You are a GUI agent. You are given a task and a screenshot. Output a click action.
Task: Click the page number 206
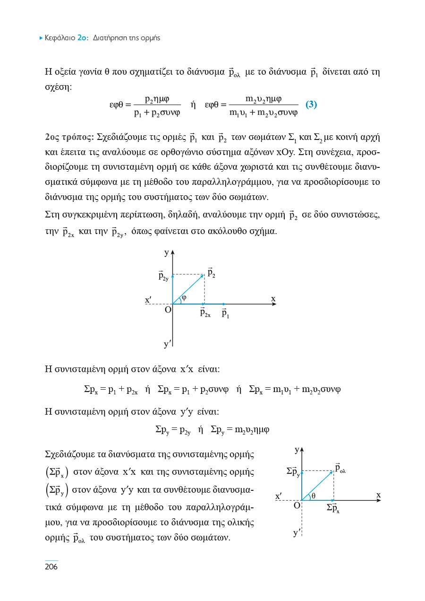[51, 567]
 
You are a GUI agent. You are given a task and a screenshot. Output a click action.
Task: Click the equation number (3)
[311, 105]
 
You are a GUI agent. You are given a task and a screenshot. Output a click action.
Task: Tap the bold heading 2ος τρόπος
[68, 138]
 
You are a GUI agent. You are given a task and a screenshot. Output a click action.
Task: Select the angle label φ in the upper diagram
[184, 297]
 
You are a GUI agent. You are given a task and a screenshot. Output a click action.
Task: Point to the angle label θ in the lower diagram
[314, 495]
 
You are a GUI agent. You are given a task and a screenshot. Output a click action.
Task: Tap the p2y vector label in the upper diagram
[163, 276]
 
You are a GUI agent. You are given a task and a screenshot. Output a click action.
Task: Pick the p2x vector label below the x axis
[205, 313]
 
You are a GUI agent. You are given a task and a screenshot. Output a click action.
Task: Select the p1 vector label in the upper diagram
[225, 313]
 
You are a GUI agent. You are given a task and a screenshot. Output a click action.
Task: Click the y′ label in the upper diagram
[167, 345]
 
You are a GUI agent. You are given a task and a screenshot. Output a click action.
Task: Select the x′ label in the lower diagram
[279, 496]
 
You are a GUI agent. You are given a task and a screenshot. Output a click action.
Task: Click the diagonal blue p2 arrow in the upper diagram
[189, 289]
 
